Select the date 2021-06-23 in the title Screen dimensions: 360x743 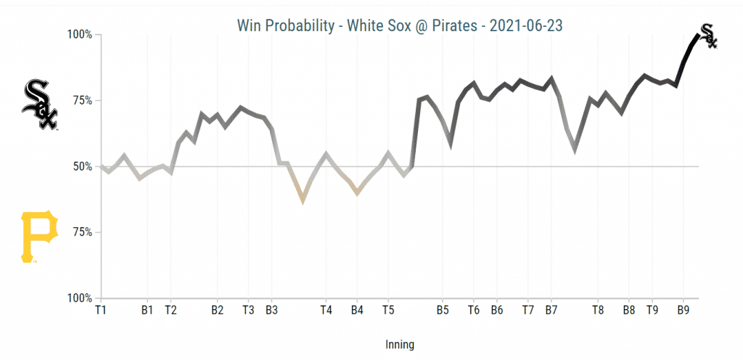point(526,25)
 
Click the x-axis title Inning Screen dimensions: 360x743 point(400,345)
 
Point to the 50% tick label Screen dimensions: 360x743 point(80,166)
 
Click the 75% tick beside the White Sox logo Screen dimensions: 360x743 point(80,100)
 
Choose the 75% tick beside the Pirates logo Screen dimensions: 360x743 point(80,232)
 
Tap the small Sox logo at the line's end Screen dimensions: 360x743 point(707,36)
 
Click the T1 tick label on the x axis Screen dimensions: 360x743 point(101,310)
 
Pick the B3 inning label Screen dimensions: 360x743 point(271,310)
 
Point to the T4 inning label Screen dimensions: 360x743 point(326,310)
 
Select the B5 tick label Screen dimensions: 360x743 point(443,310)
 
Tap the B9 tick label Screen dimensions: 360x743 point(683,310)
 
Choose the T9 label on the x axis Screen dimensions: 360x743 point(652,310)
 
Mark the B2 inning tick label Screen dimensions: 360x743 point(217,310)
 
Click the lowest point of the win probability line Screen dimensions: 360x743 point(303,199)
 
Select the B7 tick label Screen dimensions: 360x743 point(551,310)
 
